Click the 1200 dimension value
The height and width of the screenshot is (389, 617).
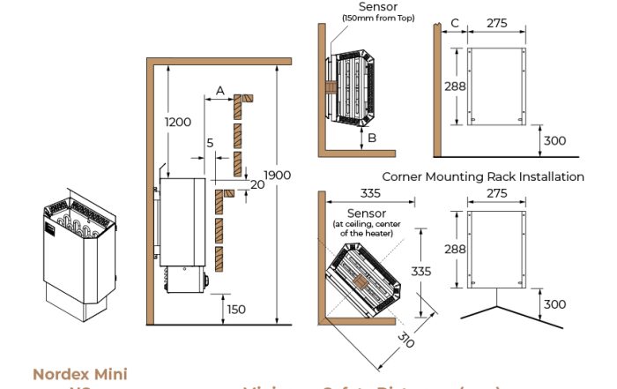click(178, 122)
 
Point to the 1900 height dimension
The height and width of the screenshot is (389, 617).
click(277, 176)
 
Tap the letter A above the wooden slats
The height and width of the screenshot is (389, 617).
click(219, 90)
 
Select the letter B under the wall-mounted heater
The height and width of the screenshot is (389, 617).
click(372, 138)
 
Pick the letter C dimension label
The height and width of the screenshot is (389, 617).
click(454, 23)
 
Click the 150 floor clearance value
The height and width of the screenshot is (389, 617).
click(235, 309)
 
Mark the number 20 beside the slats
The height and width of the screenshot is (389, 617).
click(256, 184)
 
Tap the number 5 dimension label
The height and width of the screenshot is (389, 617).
click(209, 142)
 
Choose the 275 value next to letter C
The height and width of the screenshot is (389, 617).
click(497, 23)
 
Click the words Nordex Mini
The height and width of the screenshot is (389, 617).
click(79, 375)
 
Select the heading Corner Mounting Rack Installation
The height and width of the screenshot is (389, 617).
click(483, 176)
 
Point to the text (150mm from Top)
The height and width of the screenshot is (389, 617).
click(367, 18)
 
